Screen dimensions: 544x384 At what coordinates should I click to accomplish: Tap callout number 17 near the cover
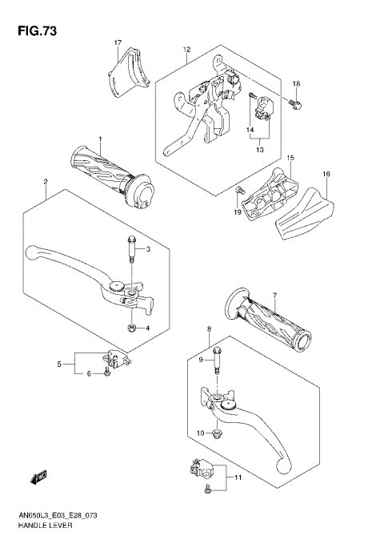(117, 42)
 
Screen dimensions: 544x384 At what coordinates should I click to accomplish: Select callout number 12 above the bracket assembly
(186, 50)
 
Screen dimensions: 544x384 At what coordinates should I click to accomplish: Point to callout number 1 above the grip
(101, 139)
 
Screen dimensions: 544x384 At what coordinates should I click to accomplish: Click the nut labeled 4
(131, 327)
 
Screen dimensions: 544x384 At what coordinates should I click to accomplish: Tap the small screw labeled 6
(107, 373)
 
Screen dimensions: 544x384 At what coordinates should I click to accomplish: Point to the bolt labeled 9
(216, 358)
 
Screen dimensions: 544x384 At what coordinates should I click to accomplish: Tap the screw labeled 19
(239, 191)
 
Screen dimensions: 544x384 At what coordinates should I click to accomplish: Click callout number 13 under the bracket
(260, 149)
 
